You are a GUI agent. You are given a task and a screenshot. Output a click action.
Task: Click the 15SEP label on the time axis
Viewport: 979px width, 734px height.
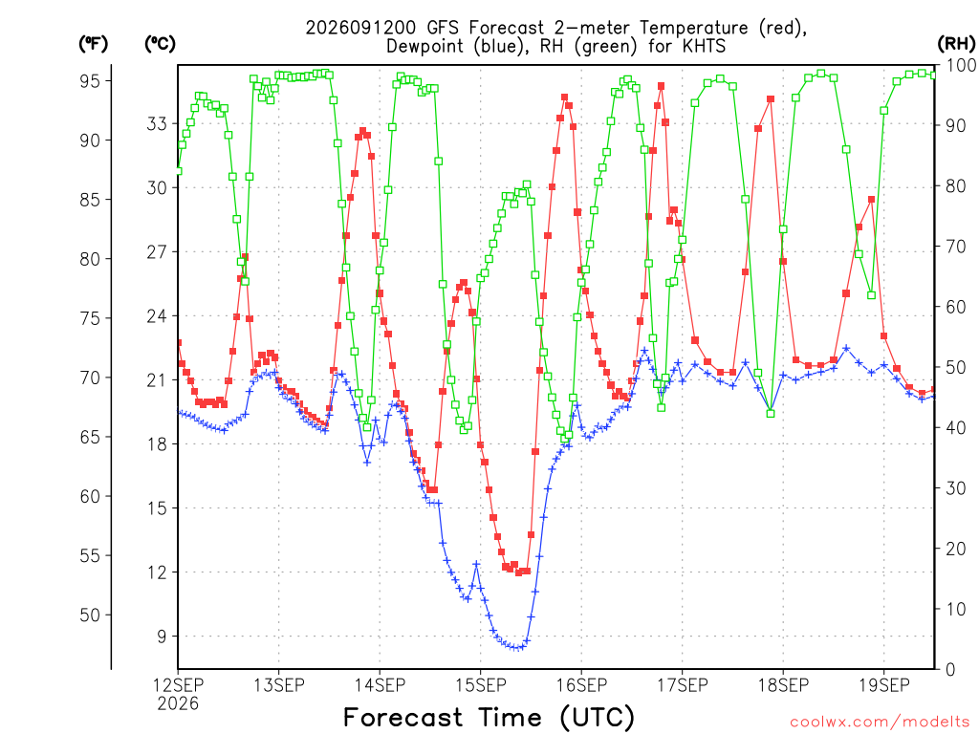point(480,685)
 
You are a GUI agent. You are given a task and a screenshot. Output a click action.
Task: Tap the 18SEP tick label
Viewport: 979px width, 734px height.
point(783,685)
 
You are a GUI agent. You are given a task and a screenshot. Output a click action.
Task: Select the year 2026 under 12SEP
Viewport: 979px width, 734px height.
point(178,704)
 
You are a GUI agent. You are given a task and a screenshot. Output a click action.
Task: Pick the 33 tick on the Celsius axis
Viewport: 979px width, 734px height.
point(157,123)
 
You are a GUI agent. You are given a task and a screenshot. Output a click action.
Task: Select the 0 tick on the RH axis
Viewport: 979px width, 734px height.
point(951,670)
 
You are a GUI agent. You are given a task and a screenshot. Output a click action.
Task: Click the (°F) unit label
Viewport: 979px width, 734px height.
point(93,44)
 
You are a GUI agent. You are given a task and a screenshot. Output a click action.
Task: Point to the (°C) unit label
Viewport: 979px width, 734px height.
point(160,44)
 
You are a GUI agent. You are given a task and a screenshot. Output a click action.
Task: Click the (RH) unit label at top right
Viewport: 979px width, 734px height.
point(956,44)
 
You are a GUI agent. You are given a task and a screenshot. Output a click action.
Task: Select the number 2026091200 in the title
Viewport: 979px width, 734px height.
point(360,28)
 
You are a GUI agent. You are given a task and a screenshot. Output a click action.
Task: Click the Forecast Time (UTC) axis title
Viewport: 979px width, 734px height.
point(489,718)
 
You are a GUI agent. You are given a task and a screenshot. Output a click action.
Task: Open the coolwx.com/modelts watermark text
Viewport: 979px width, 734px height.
point(880,723)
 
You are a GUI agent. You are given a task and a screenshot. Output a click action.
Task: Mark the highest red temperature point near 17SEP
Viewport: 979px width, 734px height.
point(661,86)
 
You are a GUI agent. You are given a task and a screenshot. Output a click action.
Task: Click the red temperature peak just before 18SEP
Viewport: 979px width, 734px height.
point(771,99)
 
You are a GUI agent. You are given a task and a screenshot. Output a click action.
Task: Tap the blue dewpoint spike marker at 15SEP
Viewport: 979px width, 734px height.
point(476,564)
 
